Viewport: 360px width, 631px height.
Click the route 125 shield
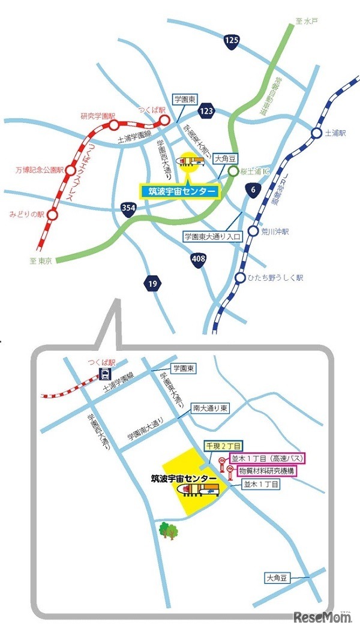click(232, 41)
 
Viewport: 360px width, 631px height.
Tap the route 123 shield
click(207, 111)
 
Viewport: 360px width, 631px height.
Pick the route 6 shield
click(252, 191)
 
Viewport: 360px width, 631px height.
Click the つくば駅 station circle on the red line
click(163, 121)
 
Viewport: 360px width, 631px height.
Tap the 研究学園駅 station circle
click(114, 125)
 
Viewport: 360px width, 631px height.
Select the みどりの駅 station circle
click(52, 214)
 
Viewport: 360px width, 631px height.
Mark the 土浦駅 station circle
click(316, 133)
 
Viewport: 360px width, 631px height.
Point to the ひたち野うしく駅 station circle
click(241, 278)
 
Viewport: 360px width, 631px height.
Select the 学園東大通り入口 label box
click(212, 238)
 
